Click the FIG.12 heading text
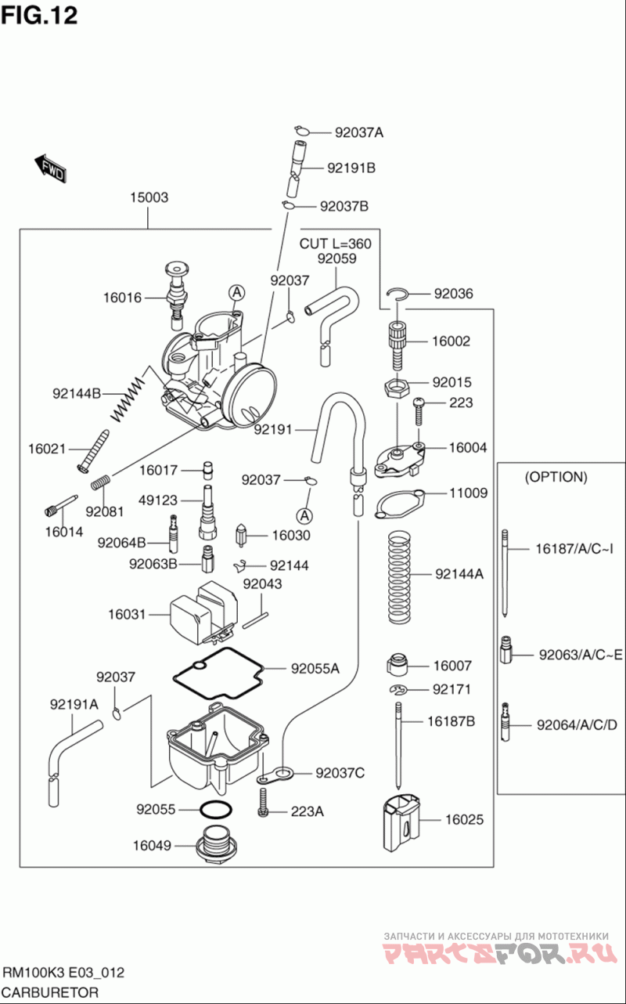(39, 15)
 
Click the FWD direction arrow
(51, 168)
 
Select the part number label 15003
(149, 198)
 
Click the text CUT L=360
(335, 244)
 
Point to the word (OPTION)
(556, 477)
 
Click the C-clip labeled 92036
(400, 294)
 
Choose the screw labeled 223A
(264, 804)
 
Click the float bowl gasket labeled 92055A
(216, 672)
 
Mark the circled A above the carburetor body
(236, 292)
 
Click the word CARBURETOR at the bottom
(52, 992)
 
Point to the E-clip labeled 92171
(400, 689)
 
